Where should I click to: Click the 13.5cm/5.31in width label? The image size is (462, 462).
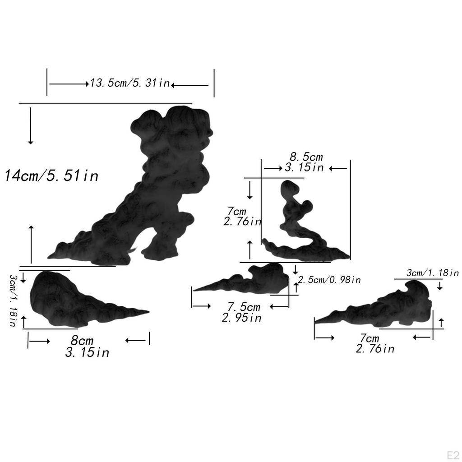point(129,83)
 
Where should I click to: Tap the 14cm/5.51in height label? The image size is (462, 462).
point(51,176)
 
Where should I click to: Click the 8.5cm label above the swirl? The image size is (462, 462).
point(306,157)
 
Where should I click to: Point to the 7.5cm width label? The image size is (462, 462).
point(244,307)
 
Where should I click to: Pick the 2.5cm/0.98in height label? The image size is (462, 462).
point(329,280)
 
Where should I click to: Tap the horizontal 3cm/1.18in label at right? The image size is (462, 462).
point(433,273)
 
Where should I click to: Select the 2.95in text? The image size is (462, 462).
point(242,318)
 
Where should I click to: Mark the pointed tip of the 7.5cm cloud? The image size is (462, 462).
point(195,290)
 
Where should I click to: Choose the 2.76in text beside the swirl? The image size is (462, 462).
point(242,222)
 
